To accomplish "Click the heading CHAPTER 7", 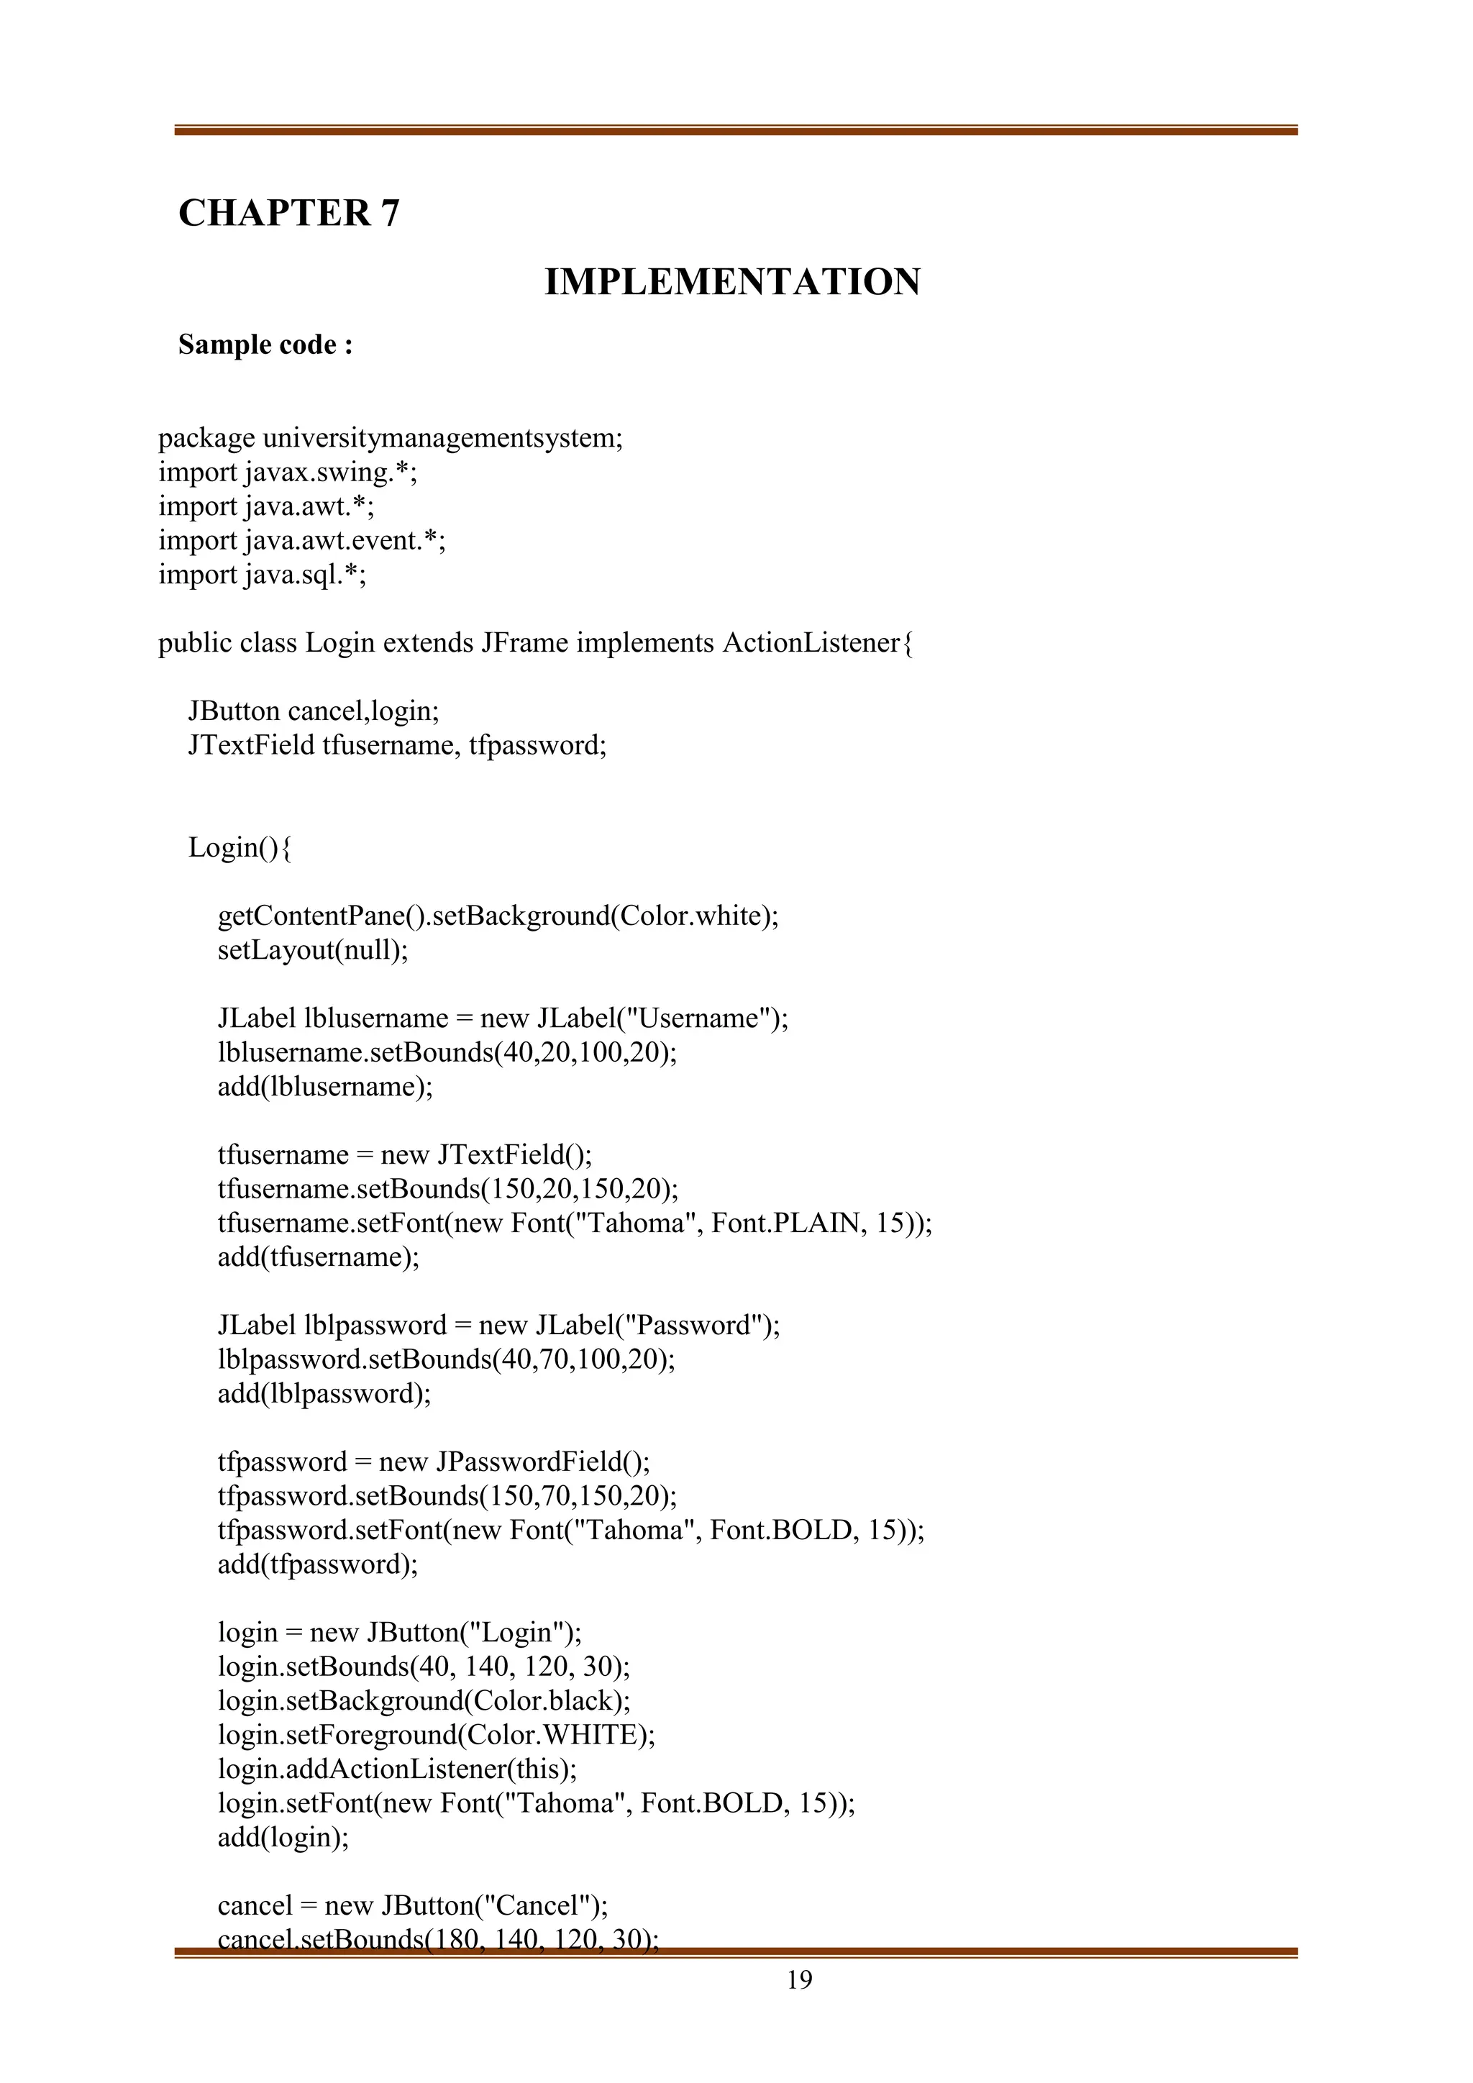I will click(288, 213).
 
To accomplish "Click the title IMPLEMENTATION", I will click(732, 282).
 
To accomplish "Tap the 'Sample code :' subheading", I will click(265, 345).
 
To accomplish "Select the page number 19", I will click(799, 1979).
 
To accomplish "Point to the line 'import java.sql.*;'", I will click(262, 574).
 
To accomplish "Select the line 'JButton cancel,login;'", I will click(313, 711).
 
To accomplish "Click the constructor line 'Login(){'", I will click(240, 847).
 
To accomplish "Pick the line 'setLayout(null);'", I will click(313, 950).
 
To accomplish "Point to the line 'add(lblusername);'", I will click(324, 1086).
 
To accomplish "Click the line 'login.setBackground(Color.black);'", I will click(424, 1700).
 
